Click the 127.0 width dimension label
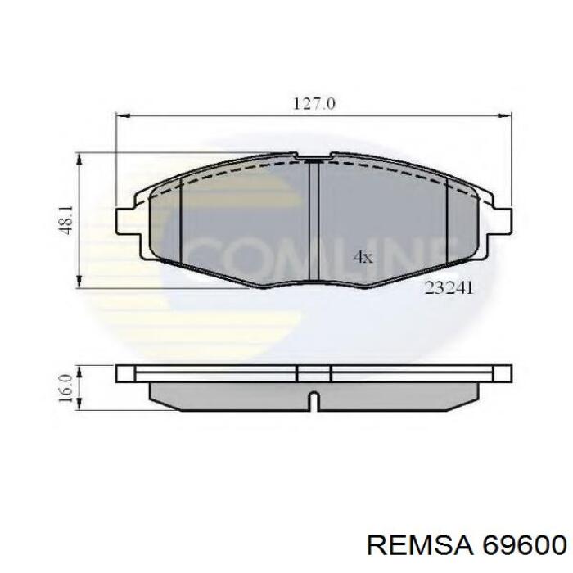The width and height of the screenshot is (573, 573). point(314,104)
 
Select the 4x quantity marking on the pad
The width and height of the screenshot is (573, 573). point(363,257)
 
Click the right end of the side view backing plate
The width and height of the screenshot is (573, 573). point(505,373)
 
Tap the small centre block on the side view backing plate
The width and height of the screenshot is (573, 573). point(314,373)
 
